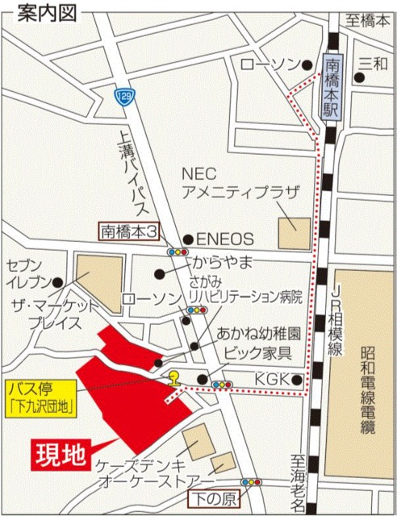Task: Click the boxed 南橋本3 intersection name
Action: click(129, 231)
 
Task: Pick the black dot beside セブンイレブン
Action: click(57, 283)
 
